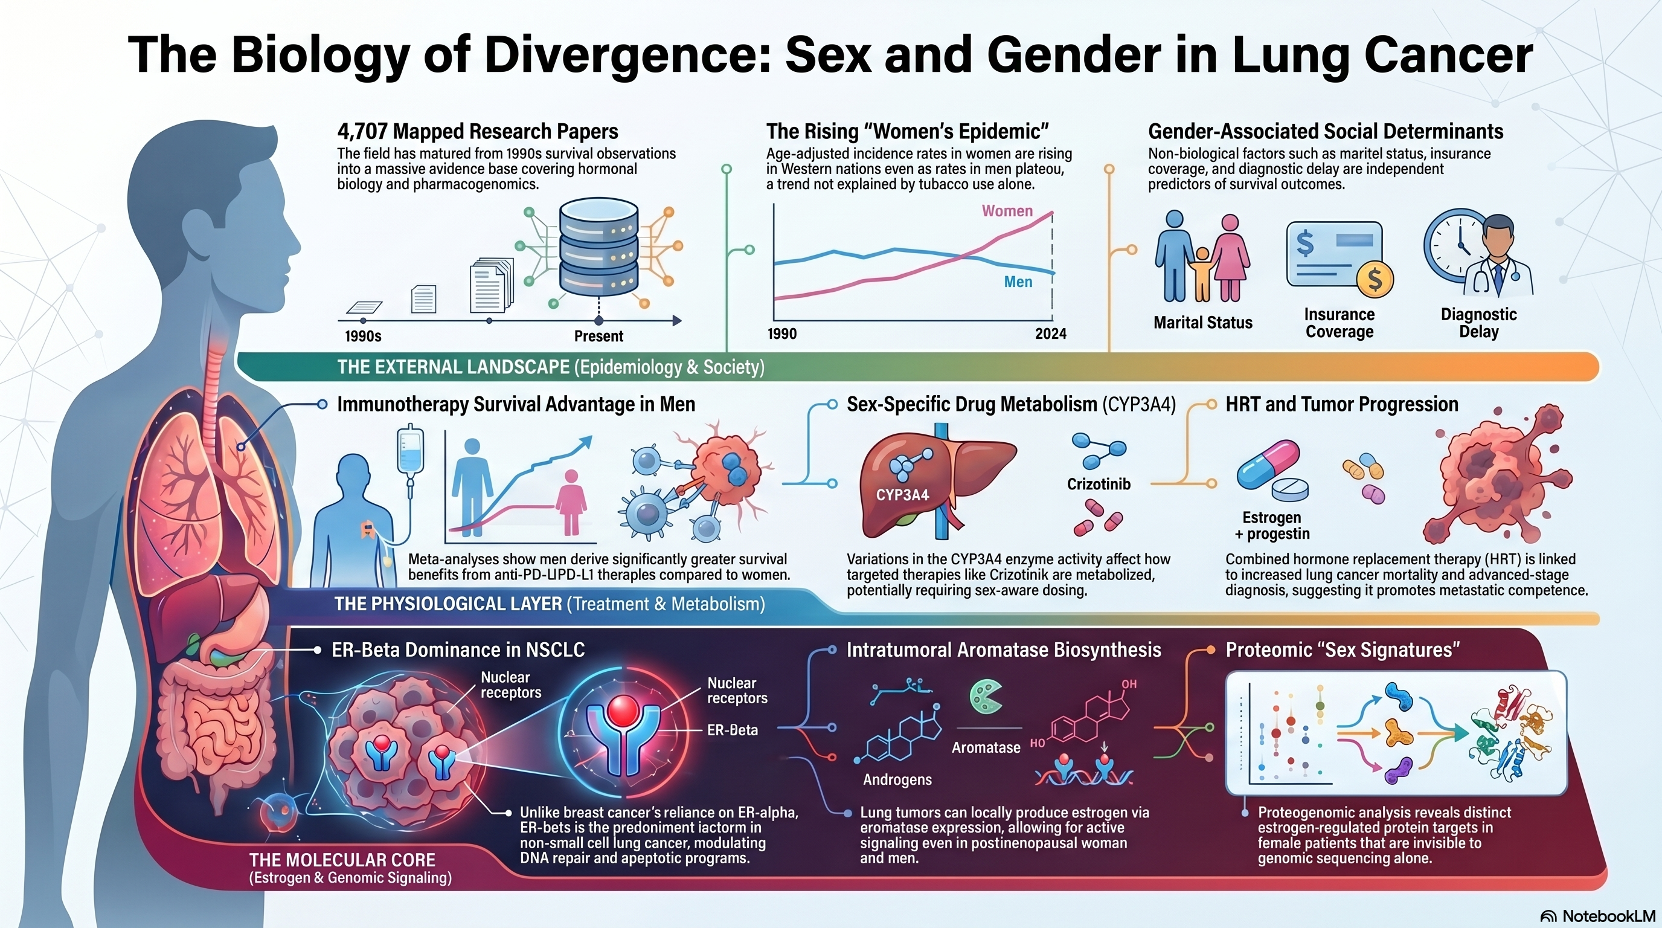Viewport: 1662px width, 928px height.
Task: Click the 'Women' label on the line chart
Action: click(1007, 211)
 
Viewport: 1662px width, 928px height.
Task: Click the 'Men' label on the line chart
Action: click(1018, 282)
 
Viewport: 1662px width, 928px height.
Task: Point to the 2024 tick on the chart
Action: click(1050, 333)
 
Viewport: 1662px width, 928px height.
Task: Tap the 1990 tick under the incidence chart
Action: click(782, 333)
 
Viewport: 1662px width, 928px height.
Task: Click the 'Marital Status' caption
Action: click(1202, 323)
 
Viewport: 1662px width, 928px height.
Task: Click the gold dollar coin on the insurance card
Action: click(1375, 280)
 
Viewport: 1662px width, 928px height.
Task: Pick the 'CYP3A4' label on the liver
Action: click(902, 495)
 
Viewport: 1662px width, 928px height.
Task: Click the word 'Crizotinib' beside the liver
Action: click(1098, 484)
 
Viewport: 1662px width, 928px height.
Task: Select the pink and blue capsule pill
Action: click(1267, 465)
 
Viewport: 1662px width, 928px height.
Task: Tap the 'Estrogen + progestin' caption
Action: click(1272, 525)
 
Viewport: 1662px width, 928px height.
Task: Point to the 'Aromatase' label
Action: click(986, 747)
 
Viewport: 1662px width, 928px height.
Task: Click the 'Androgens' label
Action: click(897, 779)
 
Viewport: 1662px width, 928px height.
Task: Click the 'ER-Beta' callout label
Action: click(733, 730)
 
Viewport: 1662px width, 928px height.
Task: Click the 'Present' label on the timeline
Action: click(598, 337)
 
